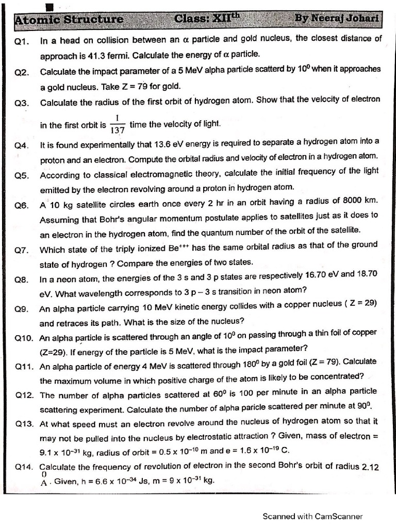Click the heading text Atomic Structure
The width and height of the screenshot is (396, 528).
[69, 20]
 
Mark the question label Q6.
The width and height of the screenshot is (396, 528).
[22, 205]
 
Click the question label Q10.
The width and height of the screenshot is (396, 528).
[24, 339]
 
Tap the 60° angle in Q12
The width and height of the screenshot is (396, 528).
[220, 392]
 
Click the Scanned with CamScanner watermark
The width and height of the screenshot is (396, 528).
[312, 516]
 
